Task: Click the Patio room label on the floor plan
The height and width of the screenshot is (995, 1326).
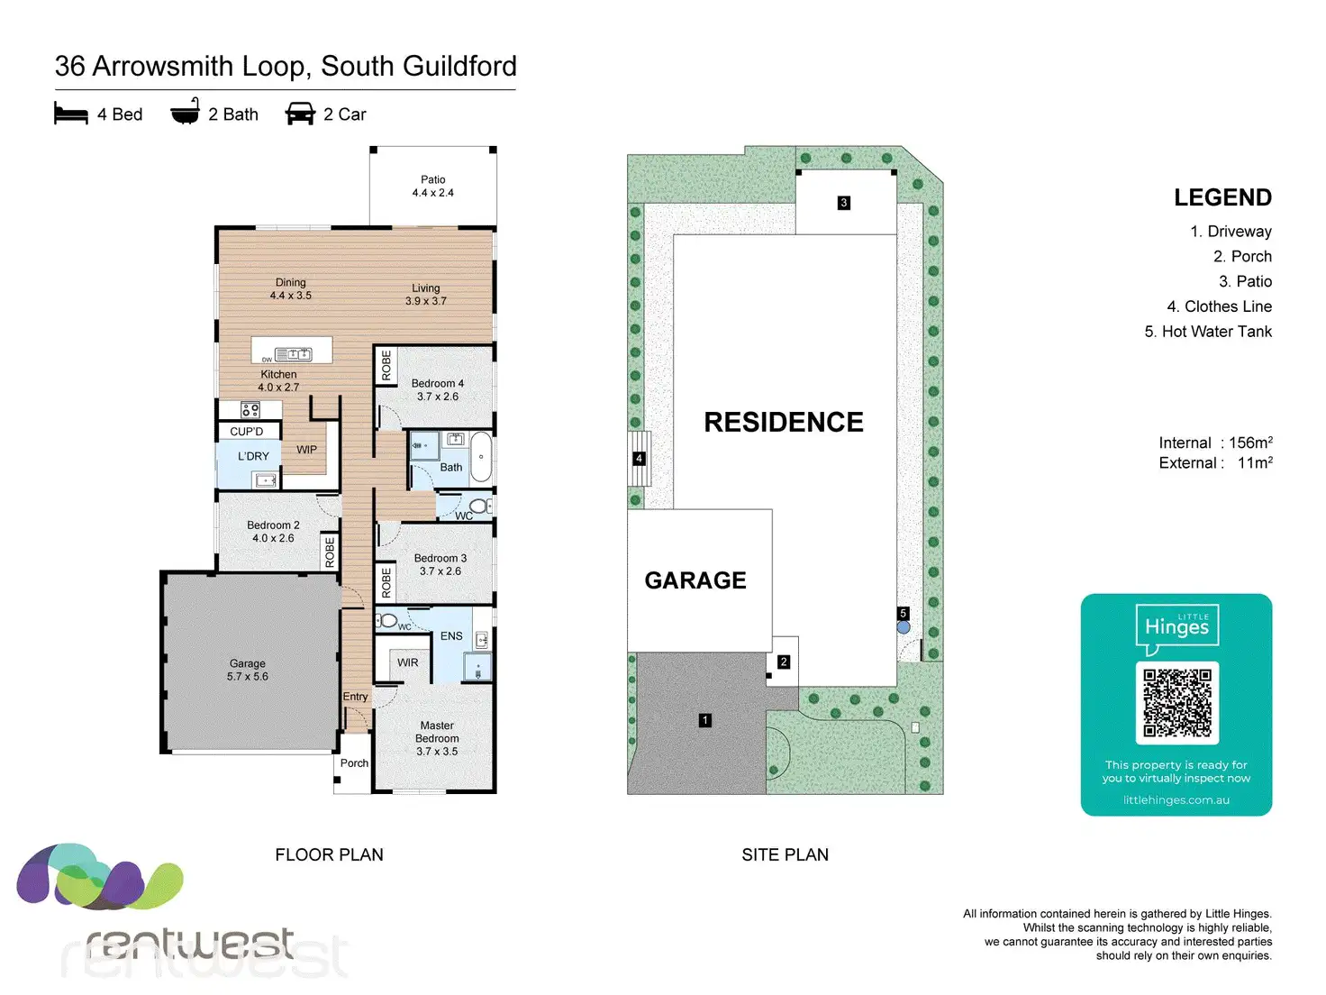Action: coord(432,179)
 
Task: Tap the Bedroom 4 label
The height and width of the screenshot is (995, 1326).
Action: coord(438,383)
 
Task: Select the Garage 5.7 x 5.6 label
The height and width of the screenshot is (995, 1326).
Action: coord(247,670)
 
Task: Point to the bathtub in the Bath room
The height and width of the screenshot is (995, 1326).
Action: coord(481,457)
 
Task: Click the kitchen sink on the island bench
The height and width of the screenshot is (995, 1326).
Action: coord(294,354)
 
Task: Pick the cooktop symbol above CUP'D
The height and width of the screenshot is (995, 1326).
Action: coord(250,409)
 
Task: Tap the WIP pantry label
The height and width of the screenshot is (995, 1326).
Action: coord(306,450)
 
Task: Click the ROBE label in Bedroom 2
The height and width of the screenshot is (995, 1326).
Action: coord(329,552)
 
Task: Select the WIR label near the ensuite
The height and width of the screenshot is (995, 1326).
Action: coord(408,662)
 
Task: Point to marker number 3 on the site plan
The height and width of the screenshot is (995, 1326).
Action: coord(843,203)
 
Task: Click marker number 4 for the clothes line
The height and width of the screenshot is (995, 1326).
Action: coord(639,458)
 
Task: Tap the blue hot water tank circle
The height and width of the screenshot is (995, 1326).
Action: coord(903,627)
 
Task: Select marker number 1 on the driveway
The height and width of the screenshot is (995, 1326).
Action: coord(704,720)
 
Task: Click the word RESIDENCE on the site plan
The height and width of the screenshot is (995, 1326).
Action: coord(784,422)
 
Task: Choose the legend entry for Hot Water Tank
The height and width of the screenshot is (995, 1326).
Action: coord(1208,331)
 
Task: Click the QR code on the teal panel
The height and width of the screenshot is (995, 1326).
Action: coord(1176,703)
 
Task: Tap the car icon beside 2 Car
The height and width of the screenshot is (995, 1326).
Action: coord(300,114)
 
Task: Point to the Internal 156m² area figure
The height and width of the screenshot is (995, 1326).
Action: coord(1215,443)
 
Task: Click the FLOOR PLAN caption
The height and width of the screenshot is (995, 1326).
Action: coord(329,854)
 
